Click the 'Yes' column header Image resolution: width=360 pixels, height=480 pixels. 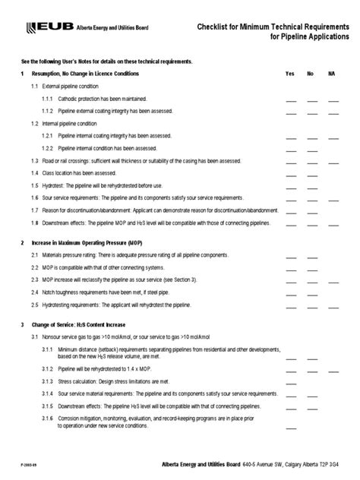pos(289,74)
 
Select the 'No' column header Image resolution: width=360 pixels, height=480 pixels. pos(310,74)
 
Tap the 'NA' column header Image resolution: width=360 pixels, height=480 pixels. pos(331,74)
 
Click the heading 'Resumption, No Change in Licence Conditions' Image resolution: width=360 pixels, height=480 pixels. pos(85,74)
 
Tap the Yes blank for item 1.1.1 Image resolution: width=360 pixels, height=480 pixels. pos(291,99)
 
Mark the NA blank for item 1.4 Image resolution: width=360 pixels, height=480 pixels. pos(334,173)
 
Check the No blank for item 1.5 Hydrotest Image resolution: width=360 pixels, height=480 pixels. pos(312,185)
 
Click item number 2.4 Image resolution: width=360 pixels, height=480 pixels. pos(35,292)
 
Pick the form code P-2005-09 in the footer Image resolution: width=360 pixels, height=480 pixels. pos(18,466)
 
